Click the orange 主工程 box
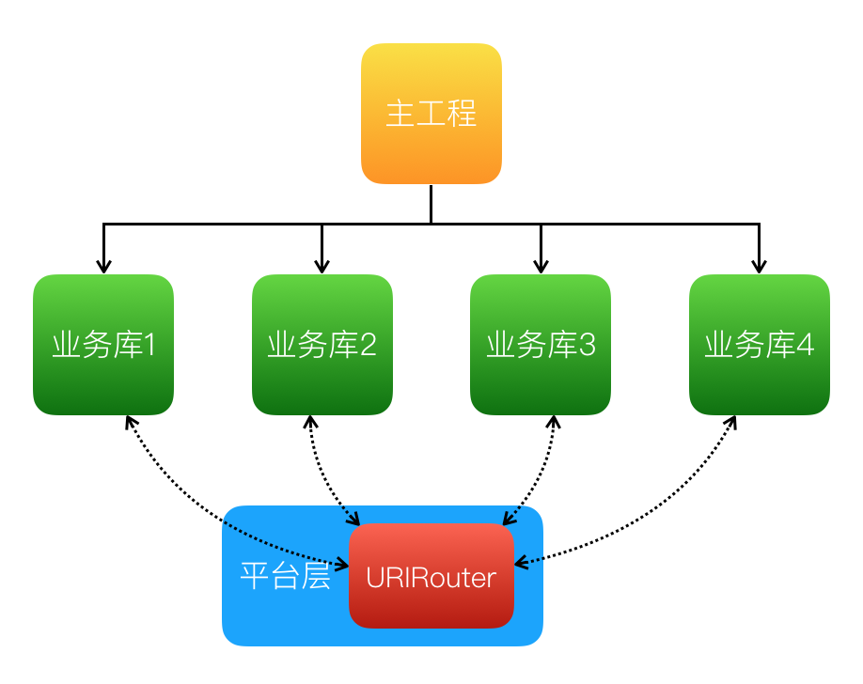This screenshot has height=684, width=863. [x=431, y=114]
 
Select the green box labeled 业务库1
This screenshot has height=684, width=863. [x=103, y=345]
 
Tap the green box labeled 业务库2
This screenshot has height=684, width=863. [x=322, y=345]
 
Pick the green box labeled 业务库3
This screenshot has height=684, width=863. [x=541, y=345]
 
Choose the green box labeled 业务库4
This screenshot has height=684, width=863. [x=759, y=345]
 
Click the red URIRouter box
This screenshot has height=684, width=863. [x=431, y=576]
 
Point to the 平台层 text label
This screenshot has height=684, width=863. [x=285, y=576]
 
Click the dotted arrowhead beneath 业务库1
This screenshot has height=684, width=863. [x=129, y=423]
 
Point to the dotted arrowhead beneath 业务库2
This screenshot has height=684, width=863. [x=309, y=423]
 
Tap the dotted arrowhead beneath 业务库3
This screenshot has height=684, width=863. [x=553, y=423]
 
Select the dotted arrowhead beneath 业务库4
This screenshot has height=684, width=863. [x=730, y=423]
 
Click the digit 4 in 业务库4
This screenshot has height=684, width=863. [x=805, y=346]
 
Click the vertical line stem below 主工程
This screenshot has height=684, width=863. [x=431, y=204]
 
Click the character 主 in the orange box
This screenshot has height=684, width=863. [x=400, y=114]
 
